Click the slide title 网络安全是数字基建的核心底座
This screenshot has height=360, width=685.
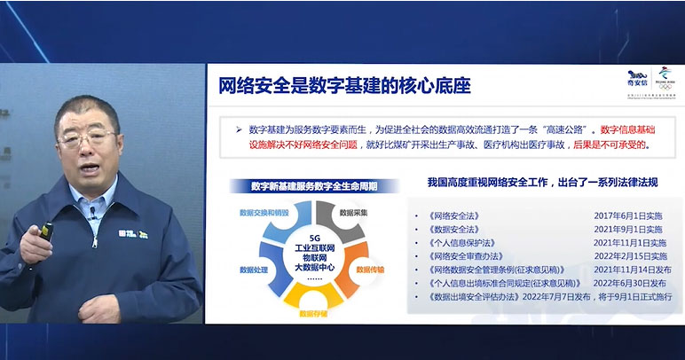344,87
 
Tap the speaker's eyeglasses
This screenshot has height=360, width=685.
86,138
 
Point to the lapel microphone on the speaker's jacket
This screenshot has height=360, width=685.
91,212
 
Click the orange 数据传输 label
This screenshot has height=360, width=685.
373,268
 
